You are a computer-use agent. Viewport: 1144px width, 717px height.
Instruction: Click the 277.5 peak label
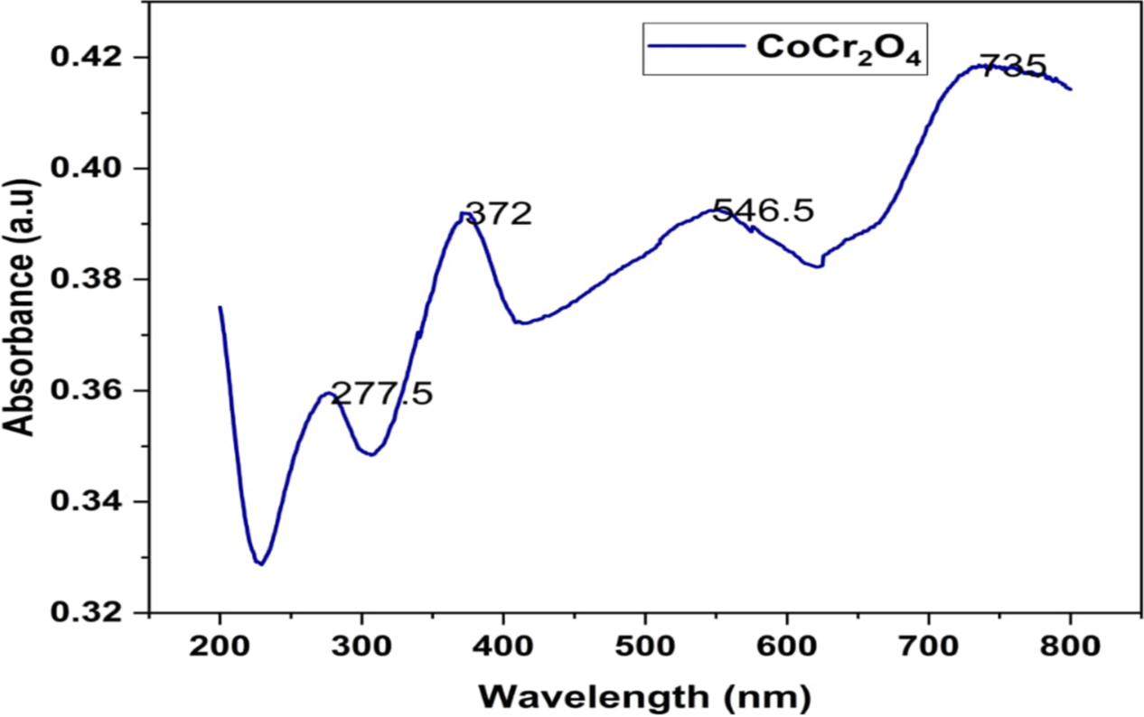pyautogui.click(x=381, y=395)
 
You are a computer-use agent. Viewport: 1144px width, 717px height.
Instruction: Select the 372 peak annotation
pyautogui.click(x=498, y=215)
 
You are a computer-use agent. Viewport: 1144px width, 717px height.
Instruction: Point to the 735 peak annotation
pyautogui.click(x=1013, y=66)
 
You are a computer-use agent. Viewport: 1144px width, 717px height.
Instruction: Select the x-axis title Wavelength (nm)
pyautogui.click(x=644, y=696)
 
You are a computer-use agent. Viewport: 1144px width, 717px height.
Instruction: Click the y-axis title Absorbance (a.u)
pyautogui.click(x=22, y=307)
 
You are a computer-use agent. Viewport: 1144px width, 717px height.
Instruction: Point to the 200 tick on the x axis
pyautogui.click(x=220, y=646)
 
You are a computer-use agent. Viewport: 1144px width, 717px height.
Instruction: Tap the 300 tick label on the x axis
pyautogui.click(x=361, y=646)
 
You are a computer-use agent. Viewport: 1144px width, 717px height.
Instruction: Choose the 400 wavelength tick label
pyautogui.click(x=503, y=646)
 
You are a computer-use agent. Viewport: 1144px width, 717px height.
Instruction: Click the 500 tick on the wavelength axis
pyautogui.click(x=645, y=646)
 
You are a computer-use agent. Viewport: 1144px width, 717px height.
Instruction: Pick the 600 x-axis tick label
pyautogui.click(x=787, y=646)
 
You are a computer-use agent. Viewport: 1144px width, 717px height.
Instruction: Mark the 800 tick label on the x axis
pyautogui.click(x=1071, y=646)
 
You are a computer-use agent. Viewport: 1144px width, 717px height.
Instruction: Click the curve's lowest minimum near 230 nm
pyautogui.click(x=260, y=563)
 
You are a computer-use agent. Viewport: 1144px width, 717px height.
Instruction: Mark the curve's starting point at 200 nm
pyautogui.click(x=220, y=307)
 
